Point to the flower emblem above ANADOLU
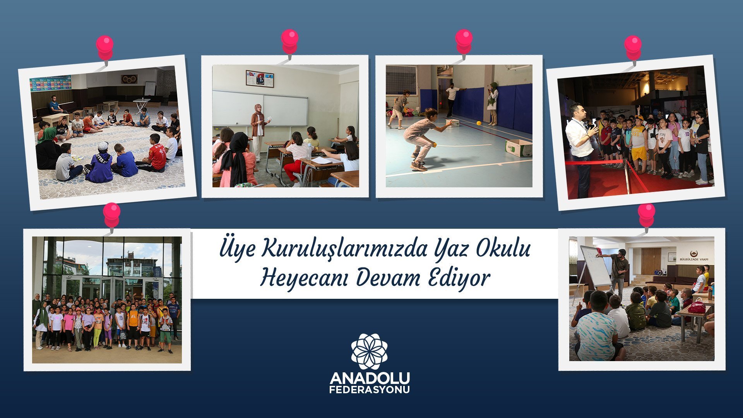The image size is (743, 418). point(369,351)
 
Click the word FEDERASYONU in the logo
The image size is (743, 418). point(370,390)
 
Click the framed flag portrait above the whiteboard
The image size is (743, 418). point(260,79)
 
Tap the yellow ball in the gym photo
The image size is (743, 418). point(479,123)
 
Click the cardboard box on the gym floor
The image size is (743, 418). point(519,148)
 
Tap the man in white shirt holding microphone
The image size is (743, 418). point(579,149)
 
